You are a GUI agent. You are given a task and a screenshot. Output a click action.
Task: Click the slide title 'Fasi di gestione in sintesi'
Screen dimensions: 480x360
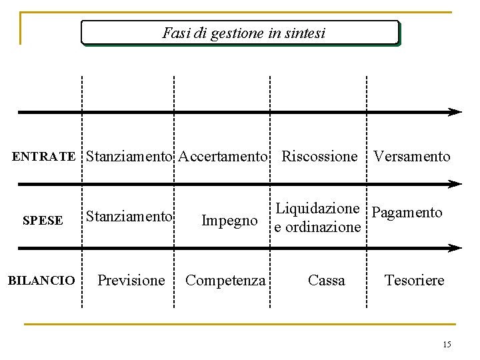(x=243, y=33)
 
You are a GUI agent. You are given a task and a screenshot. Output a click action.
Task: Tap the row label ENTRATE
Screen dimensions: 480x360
(x=44, y=157)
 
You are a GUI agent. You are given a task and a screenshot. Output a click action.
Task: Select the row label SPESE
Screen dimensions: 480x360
(x=43, y=220)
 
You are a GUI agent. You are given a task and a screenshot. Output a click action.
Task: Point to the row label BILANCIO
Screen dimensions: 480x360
(x=41, y=281)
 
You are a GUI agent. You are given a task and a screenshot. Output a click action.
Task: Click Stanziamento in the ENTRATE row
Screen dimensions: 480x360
(x=129, y=157)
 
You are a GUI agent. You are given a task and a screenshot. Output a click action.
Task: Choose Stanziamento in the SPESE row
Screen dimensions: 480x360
(x=128, y=216)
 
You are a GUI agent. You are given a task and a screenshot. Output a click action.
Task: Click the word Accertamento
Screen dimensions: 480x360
(x=223, y=157)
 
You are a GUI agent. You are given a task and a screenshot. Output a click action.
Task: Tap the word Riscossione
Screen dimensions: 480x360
(x=319, y=157)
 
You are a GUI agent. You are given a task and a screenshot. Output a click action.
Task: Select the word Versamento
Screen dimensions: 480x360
(x=411, y=157)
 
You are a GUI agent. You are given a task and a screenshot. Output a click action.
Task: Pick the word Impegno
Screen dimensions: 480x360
(x=229, y=220)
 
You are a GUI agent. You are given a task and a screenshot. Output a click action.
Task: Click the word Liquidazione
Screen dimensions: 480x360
(x=317, y=209)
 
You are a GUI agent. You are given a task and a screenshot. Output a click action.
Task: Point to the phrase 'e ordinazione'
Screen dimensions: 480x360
(x=317, y=227)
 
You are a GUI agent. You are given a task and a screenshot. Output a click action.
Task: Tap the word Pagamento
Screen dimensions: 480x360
(x=407, y=213)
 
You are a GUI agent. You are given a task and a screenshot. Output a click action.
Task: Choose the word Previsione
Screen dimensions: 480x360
(x=131, y=280)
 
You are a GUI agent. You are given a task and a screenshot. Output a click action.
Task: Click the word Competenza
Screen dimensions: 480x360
(x=225, y=280)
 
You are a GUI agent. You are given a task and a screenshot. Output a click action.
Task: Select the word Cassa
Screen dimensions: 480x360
(x=326, y=280)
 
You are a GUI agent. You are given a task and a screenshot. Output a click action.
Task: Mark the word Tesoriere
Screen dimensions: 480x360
(x=414, y=280)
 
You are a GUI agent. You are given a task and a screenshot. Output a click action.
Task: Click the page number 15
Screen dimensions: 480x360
(x=446, y=344)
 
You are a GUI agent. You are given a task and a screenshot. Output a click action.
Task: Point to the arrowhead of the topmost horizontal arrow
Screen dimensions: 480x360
(x=455, y=112)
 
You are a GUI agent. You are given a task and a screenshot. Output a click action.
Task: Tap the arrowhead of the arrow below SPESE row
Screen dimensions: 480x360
(x=455, y=248)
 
